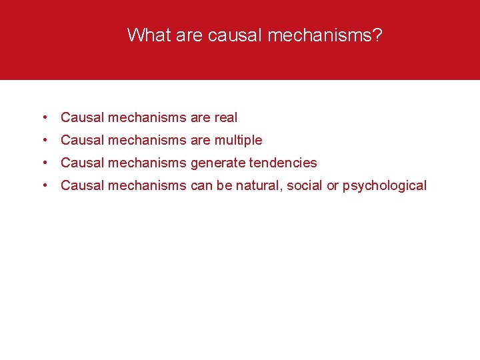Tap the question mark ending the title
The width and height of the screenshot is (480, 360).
click(x=378, y=35)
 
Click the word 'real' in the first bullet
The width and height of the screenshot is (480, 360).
click(x=225, y=117)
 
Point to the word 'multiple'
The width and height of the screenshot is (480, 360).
click(x=238, y=141)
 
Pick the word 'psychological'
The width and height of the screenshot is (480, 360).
click(x=385, y=186)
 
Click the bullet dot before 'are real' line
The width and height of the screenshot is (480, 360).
click(x=43, y=118)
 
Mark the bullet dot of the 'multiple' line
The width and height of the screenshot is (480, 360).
click(x=43, y=141)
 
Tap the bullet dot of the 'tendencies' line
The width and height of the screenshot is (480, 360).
click(x=43, y=163)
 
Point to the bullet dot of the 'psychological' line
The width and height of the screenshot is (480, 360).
click(x=43, y=185)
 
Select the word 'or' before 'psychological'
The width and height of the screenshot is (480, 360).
click(x=333, y=185)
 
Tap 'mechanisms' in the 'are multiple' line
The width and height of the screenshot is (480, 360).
click(x=147, y=140)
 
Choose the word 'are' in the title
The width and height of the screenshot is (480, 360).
click(x=189, y=35)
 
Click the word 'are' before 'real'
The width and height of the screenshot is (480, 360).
click(x=200, y=117)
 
